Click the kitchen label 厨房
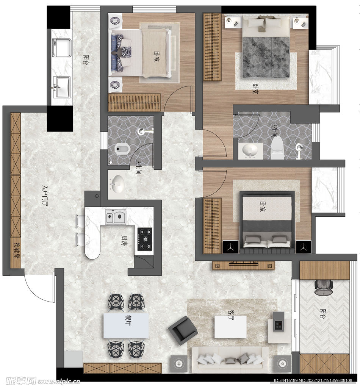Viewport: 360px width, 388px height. [124, 240]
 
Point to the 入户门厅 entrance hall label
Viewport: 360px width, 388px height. [45, 196]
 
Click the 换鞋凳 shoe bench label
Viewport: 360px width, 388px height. [16, 250]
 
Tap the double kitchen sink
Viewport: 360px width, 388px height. [115, 217]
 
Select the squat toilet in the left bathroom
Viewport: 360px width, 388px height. [122, 149]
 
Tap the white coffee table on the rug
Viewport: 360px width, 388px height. [230, 327]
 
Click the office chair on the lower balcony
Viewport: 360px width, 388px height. [324, 287]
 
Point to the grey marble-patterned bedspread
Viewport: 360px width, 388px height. [266, 57]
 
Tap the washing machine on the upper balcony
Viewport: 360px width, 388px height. [62, 48]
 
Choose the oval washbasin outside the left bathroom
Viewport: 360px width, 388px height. [117, 184]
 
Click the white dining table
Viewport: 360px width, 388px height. [126, 325]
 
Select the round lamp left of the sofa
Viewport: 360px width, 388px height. [178, 363]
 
